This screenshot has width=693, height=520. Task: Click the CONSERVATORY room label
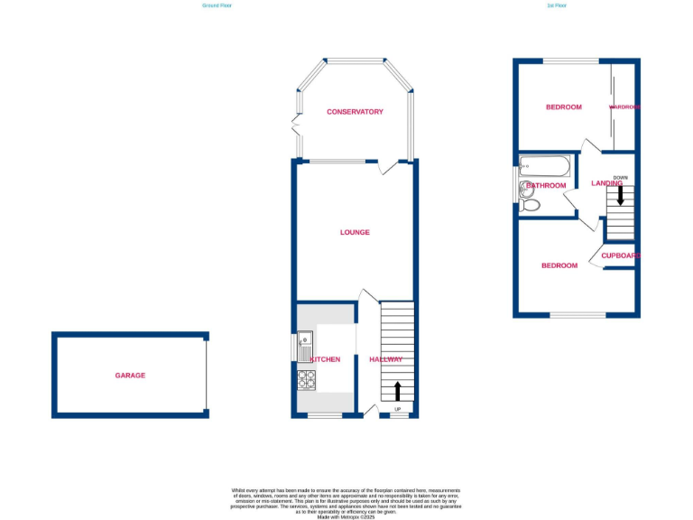[x=355, y=112]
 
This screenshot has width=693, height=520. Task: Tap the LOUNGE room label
[x=355, y=232]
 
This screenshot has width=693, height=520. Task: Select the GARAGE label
[x=130, y=376]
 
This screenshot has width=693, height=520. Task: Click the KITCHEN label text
[x=325, y=359]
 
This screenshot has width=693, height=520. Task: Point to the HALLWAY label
[x=385, y=359]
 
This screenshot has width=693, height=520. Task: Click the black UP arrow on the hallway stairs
[x=396, y=391]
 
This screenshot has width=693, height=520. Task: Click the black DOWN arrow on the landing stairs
[x=620, y=194]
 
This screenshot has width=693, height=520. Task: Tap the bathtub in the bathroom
[x=544, y=167]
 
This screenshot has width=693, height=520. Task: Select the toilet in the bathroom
[x=531, y=205]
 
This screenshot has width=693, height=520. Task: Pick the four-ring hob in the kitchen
[x=306, y=380]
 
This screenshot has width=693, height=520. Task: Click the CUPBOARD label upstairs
[x=621, y=255]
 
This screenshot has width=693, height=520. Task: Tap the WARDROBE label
[x=624, y=107]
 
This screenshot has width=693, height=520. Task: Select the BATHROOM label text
[x=546, y=186]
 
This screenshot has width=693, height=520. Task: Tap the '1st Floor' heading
[x=557, y=5]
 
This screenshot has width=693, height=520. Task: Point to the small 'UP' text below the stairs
[x=396, y=412]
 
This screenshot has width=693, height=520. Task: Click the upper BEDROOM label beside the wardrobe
[x=563, y=107]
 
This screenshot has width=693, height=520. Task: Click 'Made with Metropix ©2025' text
[x=346, y=516]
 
